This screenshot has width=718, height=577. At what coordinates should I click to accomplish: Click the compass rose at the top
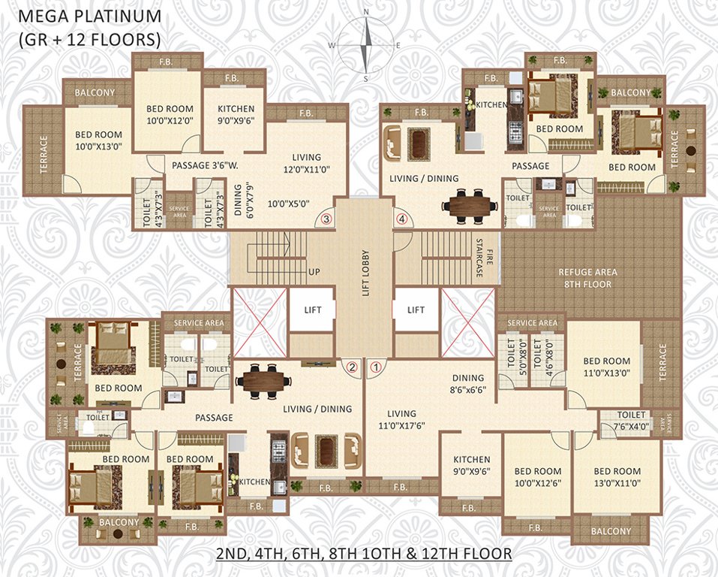coord(365,45)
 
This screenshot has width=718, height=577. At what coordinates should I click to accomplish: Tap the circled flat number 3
coord(326,219)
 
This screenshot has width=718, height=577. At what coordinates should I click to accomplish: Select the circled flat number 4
coord(402,219)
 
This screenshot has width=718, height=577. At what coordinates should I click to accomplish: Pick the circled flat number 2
coord(351,367)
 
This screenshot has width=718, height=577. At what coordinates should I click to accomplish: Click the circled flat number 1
coord(377,367)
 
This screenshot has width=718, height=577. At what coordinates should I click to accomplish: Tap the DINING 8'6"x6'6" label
coord(469,385)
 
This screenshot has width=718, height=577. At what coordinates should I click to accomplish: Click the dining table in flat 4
coord(470,203)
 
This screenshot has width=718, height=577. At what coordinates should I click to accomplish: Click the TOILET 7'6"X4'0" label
coord(630,421)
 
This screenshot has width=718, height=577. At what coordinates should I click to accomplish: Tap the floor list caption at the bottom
coord(364,554)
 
